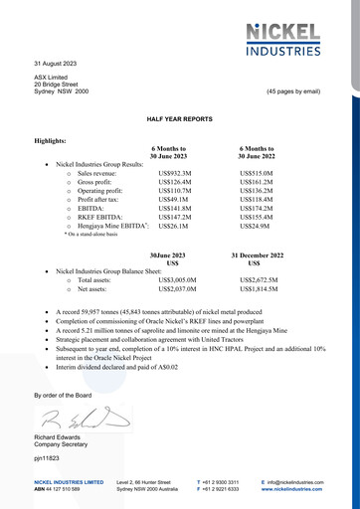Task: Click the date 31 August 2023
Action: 57,63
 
